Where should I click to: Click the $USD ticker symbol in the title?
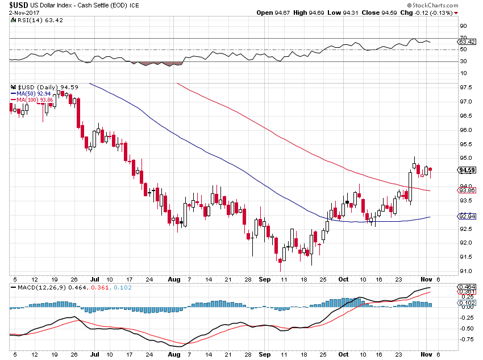(x=19, y=5)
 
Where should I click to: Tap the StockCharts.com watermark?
(x=433, y=5)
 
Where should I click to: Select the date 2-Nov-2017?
(x=23, y=13)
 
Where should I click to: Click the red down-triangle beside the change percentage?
(x=456, y=13)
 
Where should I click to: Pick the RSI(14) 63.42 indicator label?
(x=40, y=20)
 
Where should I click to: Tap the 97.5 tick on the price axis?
(x=465, y=88)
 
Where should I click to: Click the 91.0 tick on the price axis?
(x=465, y=271)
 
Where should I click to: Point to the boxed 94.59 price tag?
(x=467, y=170)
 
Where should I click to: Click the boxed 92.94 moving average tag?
(x=467, y=216)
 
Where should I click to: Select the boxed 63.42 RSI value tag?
(x=467, y=42)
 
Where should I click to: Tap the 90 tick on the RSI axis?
(x=463, y=26)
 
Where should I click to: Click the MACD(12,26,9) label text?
(x=41, y=288)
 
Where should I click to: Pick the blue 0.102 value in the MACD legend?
(x=123, y=288)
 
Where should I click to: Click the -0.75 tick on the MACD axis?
(x=467, y=340)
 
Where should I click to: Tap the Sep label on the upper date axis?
(x=265, y=279)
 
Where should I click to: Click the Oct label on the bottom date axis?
(x=343, y=354)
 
